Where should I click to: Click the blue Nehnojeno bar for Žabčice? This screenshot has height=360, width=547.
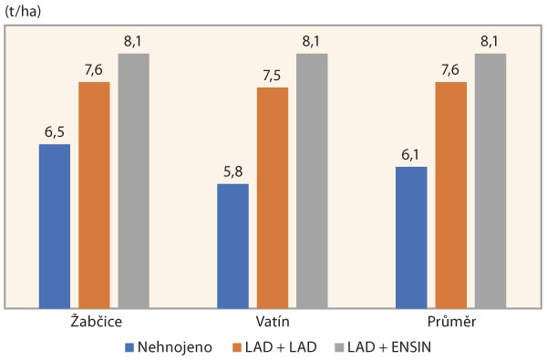55,225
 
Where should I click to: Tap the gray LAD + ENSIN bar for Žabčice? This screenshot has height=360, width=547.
133,180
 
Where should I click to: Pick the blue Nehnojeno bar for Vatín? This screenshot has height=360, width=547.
232,245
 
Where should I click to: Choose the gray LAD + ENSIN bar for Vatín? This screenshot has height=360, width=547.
312,180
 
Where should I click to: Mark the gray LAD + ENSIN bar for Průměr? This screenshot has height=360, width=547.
490,180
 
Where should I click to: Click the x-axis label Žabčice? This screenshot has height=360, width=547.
94,323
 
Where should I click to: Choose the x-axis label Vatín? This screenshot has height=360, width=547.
272,323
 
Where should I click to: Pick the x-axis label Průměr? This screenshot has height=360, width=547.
450,323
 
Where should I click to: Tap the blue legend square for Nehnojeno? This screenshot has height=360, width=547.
129,346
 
